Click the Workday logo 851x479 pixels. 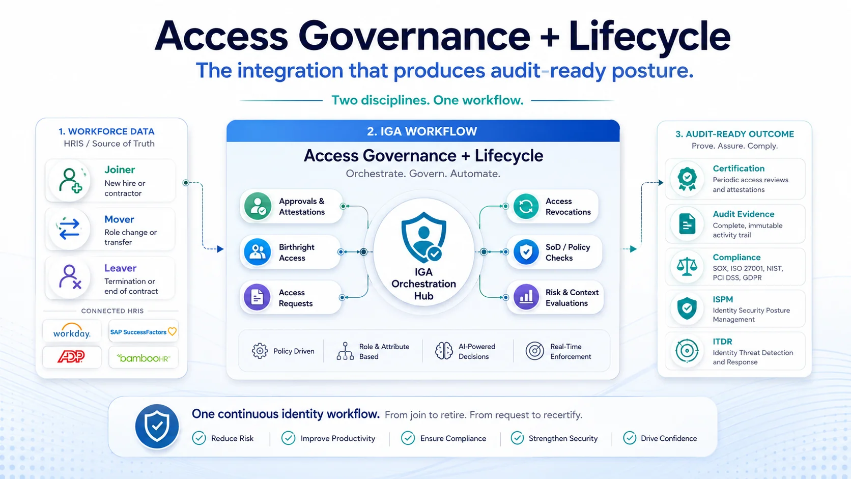(72, 330)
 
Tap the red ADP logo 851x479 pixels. (71, 356)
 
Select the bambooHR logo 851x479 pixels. (143, 358)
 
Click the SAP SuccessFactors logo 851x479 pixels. (143, 331)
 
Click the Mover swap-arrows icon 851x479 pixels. (69, 229)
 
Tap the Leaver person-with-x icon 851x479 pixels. (70, 276)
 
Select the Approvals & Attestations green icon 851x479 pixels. (258, 206)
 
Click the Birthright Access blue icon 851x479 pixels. (258, 252)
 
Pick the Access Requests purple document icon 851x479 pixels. (257, 297)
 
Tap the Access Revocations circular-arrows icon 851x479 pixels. (526, 206)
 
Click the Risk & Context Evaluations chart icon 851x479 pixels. (526, 297)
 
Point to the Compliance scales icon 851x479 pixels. (687, 266)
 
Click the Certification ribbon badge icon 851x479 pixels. (687, 178)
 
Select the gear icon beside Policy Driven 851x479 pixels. (260, 351)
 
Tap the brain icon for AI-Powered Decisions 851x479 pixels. (444, 351)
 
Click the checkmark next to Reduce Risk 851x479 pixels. (199, 438)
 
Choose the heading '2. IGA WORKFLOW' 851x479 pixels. (422, 131)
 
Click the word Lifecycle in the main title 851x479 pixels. (649, 37)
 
